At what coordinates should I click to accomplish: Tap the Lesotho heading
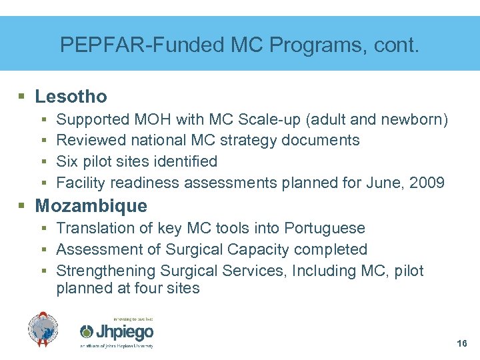click(x=71, y=97)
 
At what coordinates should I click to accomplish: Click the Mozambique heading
click(x=91, y=205)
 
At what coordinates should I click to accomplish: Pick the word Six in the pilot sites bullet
click(x=67, y=161)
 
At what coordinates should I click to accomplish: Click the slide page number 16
click(x=462, y=344)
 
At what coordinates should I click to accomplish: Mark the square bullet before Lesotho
click(x=22, y=97)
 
